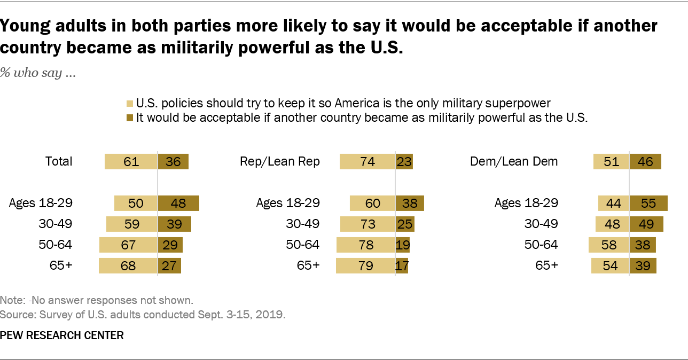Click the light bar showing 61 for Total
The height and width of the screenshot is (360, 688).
coord(131,161)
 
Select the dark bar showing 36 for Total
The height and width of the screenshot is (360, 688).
coord(173,161)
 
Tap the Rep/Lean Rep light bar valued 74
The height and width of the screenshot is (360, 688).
coord(368,161)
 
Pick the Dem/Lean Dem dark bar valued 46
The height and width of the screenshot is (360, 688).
coord(645,161)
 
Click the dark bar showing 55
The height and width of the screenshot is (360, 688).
coord(648,203)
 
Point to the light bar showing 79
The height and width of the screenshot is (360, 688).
coord(365,266)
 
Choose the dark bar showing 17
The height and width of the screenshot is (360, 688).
coord(402,266)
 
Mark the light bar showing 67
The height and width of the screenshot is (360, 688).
coord(128,245)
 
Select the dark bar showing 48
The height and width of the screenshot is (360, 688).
coord(178,203)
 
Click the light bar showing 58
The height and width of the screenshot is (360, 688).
coord(609,245)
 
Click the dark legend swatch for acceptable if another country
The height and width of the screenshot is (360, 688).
coord(130,118)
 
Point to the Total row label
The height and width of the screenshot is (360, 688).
coord(59,161)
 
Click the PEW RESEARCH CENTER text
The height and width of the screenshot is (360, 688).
coord(62,335)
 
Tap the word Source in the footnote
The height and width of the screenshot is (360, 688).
coord(15,315)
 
